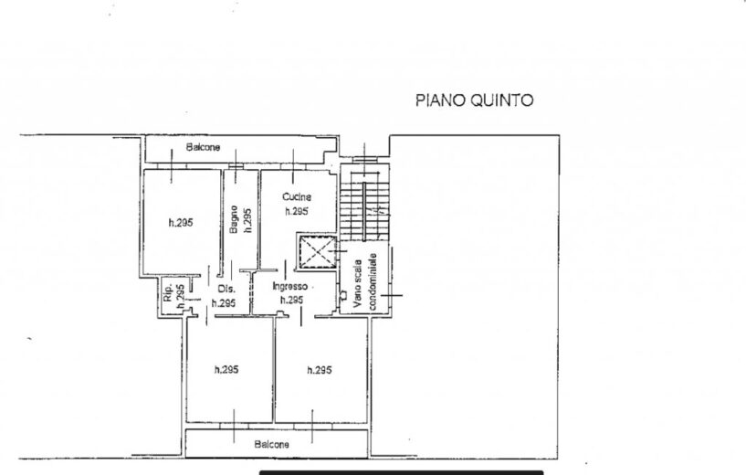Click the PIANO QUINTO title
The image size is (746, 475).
click(x=474, y=100)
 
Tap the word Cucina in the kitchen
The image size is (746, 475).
click(x=297, y=196)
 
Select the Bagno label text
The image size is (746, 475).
click(x=234, y=219)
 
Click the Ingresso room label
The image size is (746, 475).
click(x=289, y=286)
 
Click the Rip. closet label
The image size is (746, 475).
click(x=168, y=293)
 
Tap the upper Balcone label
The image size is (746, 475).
click(x=203, y=148)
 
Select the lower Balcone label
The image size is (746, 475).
click(x=272, y=445)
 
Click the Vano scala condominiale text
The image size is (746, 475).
click(x=365, y=281)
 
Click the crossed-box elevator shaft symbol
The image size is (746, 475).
click(x=316, y=251)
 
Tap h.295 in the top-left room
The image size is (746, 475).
click(x=181, y=222)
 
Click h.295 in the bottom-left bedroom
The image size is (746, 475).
click(x=226, y=369)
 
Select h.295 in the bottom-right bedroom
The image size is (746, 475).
click(x=320, y=370)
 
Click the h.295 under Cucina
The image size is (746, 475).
click(x=297, y=211)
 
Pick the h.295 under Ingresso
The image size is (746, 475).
click(x=291, y=300)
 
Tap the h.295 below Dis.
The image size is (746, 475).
click(x=224, y=303)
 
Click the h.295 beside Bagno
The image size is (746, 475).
click(x=247, y=220)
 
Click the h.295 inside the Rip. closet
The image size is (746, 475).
click(x=180, y=296)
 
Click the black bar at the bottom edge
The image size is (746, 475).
click(x=401, y=472)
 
